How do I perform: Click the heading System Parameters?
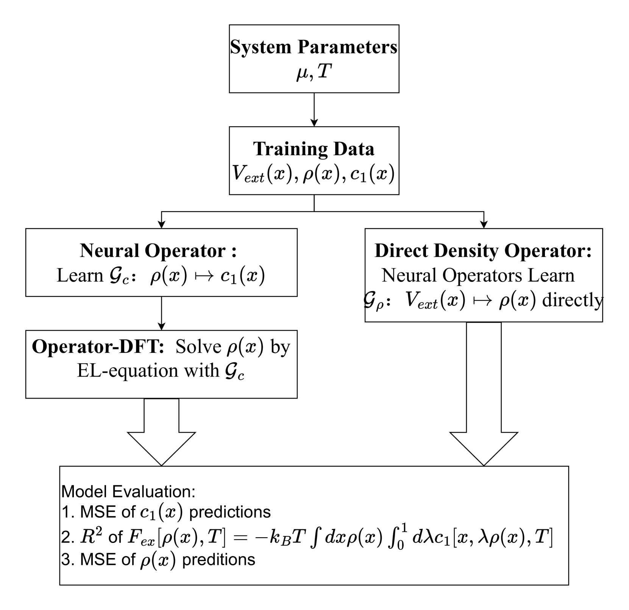point(314,47)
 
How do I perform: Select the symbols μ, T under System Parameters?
point(314,72)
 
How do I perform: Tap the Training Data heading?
point(314,149)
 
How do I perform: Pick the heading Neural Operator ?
point(158,250)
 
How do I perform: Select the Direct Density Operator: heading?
point(483,250)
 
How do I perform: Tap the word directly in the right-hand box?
point(573,300)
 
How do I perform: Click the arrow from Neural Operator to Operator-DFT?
point(161,313)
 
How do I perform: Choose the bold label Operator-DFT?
point(98,346)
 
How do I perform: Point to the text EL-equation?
point(128,370)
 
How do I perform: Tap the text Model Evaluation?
point(128,491)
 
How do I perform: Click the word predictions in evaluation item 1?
point(230,512)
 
